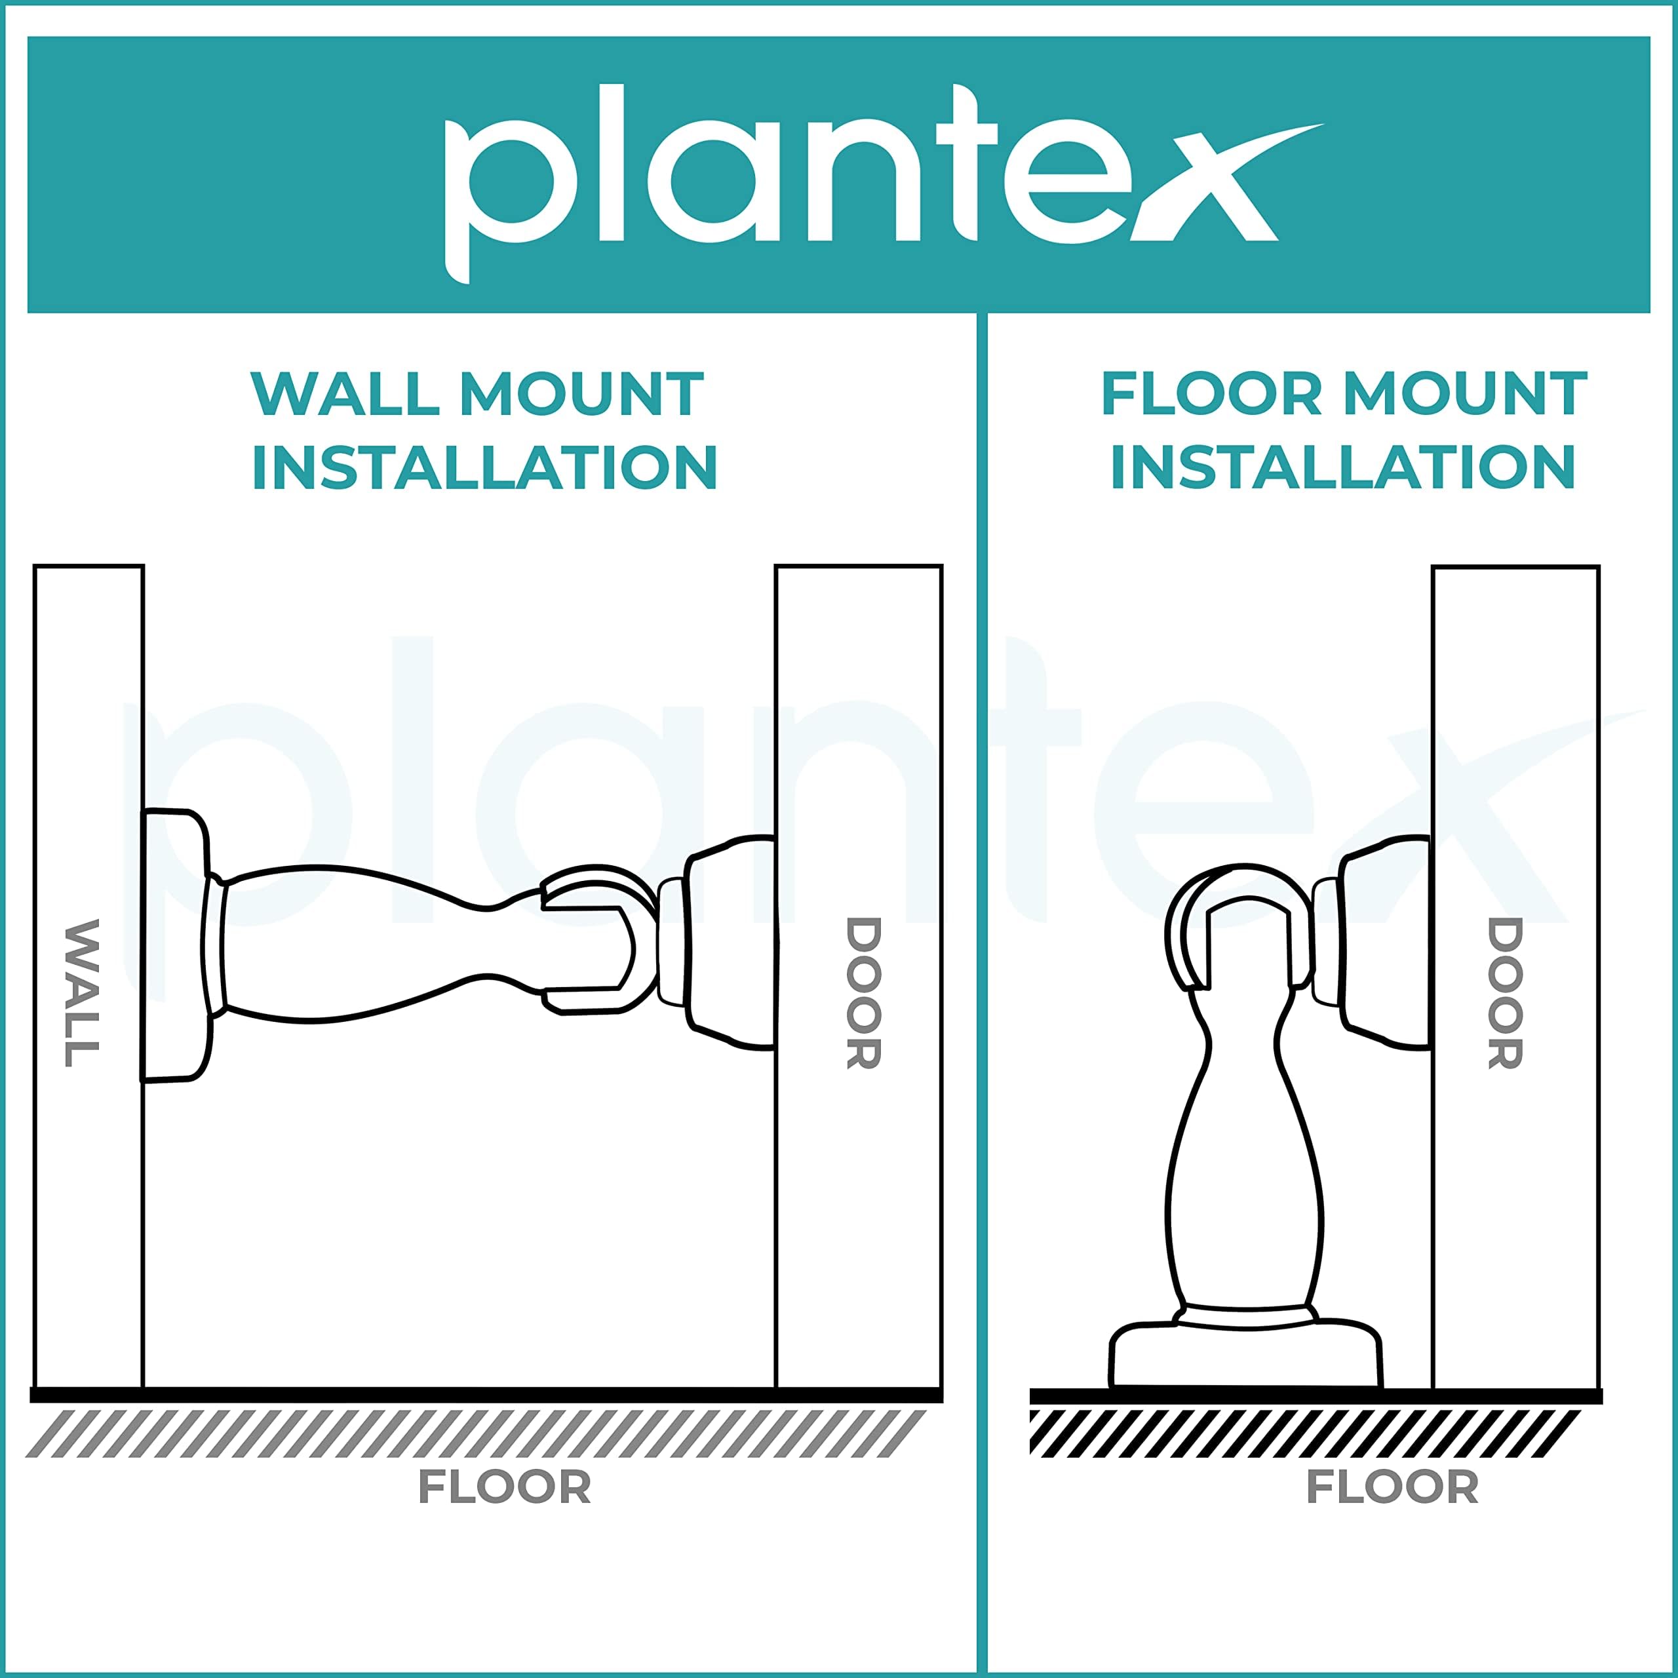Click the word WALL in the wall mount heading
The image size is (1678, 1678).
(345, 395)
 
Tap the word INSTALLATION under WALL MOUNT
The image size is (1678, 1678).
(484, 467)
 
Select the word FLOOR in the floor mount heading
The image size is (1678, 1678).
(1211, 395)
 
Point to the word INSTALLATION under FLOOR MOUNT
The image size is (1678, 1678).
(1343, 467)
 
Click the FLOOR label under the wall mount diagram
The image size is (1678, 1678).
(505, 1486)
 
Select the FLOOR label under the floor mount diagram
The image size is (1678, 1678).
(1392, 1486)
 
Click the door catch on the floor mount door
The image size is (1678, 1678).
(1373, 943)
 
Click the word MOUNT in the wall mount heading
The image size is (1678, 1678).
(581, 395)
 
